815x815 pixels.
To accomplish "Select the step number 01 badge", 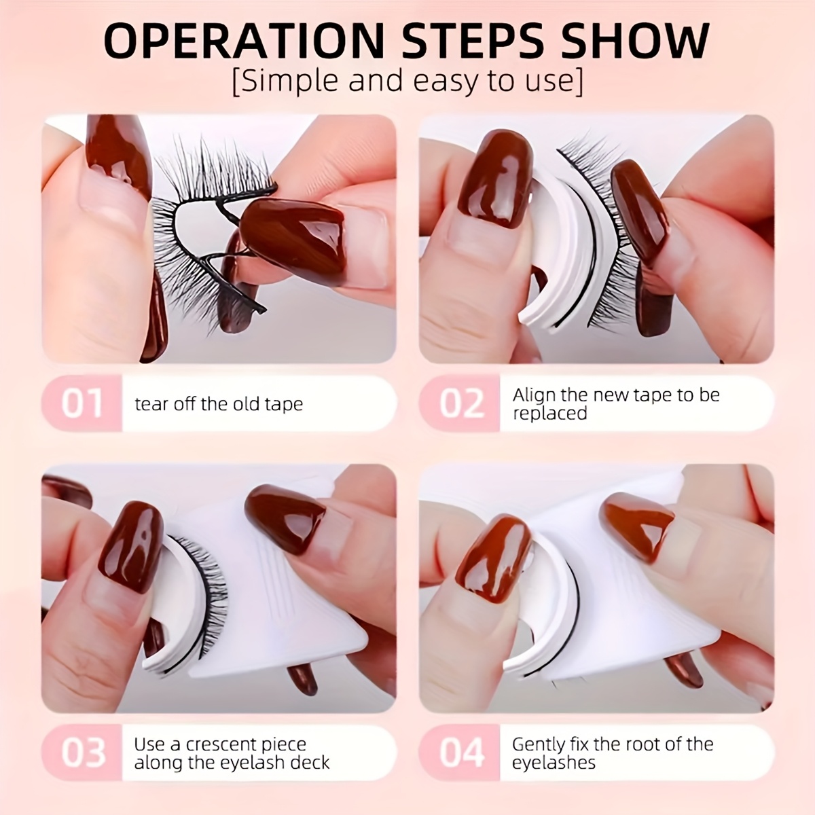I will coord(82,403).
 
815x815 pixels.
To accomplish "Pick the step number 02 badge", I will coord(460,403).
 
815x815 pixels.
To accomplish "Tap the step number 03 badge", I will coord(82,752).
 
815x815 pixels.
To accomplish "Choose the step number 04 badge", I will coord(460,752).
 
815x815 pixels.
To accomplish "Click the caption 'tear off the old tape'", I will coord(219,404).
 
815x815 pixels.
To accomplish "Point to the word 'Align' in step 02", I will coord(534,395).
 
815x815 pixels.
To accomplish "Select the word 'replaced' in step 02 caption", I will coord(549,414).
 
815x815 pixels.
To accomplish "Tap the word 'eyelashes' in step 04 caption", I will coord(554,762).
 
